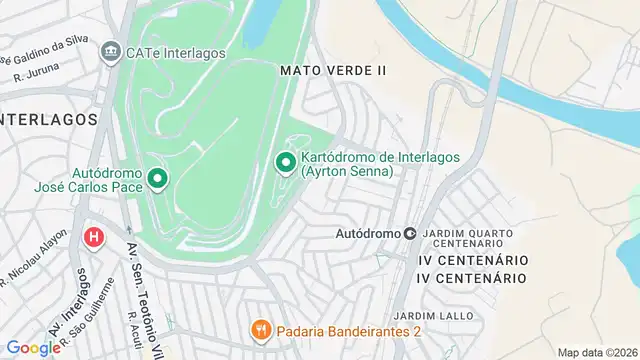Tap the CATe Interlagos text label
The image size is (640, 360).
[175, 51]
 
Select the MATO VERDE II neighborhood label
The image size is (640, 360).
[333, 70]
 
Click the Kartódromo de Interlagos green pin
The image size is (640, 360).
[285, 162]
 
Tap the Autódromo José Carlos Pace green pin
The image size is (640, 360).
[157, 179]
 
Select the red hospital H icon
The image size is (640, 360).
[94, 238]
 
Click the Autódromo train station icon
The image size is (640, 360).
[410, 233]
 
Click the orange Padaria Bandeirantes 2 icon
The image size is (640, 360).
[261, 328]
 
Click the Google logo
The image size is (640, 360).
[33, 347]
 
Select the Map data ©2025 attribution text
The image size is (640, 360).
[596, 352]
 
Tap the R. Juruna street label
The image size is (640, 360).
[37, 71]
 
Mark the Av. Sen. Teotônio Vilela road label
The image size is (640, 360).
[144, 300]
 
